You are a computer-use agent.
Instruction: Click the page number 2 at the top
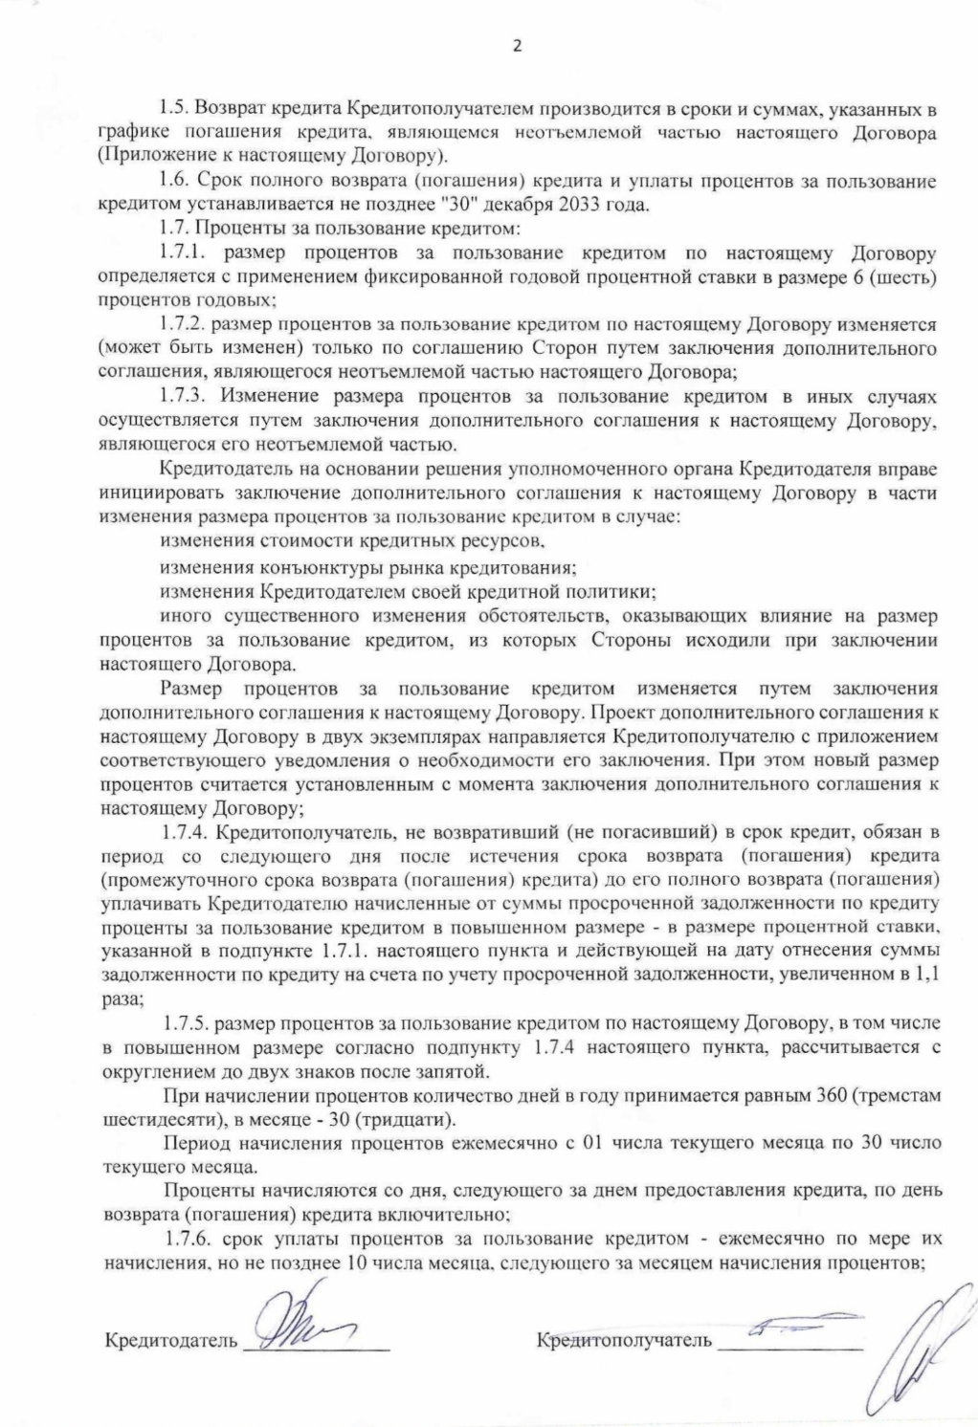(x=518, y=45)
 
